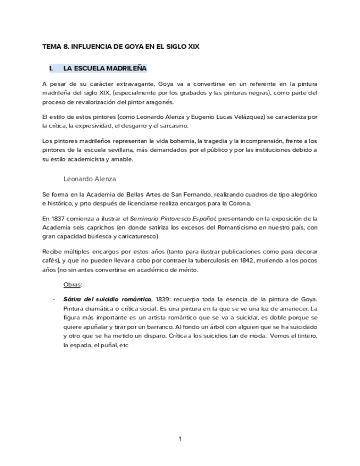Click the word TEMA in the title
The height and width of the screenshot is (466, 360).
tap(52, 47)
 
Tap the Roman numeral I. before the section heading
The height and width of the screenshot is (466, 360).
tap(51, 68)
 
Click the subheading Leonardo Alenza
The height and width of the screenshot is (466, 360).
tap(90, 179)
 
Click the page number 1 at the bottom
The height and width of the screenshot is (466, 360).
tap(180, 439)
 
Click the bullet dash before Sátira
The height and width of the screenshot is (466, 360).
tap(53, 299)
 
